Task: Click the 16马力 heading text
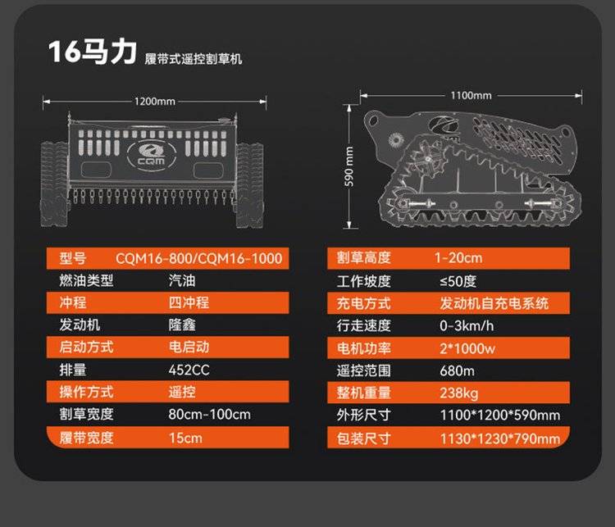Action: [x=92, y=52]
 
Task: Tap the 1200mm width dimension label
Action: [x=154, y=102]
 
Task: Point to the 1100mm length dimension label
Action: [x=471, y=95]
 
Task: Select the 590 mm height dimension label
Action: [x=348, y=166]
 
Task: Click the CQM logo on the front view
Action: [x=152, y=154]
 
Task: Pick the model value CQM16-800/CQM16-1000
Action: [x=199, y=258]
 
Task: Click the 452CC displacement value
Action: [x=189, y=370]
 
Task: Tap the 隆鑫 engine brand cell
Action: [x=182, y=325]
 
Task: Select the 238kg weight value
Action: [x=459, y=393]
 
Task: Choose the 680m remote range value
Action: [x=457, y=370]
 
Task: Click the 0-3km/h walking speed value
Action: [x=467, y=325]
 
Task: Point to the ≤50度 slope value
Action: [x=458, y=281]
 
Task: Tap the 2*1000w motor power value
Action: [x=467, y=348]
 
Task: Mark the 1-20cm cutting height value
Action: [x=458, y=257]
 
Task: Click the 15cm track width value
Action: [x=185, y=438]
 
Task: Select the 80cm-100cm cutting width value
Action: [x=209, y=414]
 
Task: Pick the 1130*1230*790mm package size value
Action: [x=500, y=438]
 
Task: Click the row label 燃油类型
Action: [x=86, y=280]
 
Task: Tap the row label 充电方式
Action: [x=363, y=303]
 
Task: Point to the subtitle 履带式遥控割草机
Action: [x=193, y=59]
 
